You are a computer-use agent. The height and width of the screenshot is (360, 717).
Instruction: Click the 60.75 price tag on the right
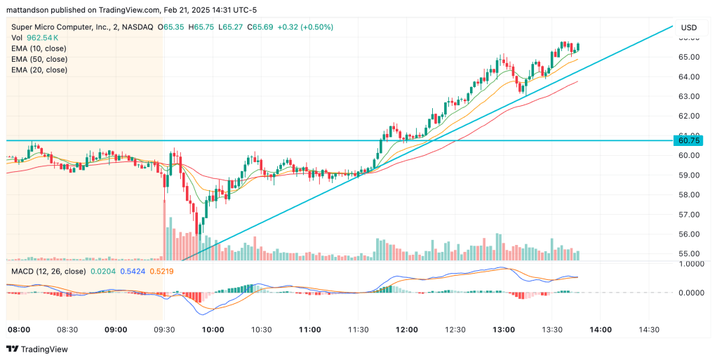[x=689, y=140]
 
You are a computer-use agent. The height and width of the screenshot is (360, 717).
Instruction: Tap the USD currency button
[x=689, y=27]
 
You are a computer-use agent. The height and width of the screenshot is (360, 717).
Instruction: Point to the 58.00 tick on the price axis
[x=689, y=194]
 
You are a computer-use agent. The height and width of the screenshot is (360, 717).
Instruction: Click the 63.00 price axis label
[x=689, y=96]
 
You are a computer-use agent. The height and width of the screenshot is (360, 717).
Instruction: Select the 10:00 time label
[x=213, y=329]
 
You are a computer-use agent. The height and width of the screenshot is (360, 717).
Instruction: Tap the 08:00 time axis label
[x=19, y=329]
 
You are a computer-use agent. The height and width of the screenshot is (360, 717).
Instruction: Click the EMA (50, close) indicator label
[x=39, y=59]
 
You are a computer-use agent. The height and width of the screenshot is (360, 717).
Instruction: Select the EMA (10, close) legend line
[x=39, y=48]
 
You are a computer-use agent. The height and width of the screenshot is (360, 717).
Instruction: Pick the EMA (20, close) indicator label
[x=39, y=69]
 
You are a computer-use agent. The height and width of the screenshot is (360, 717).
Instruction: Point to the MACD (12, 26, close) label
[x=48, y=271]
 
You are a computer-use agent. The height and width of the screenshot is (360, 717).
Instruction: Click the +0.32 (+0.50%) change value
[x=305, y=27]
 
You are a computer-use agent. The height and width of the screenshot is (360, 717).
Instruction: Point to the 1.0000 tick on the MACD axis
[x=692, y=264]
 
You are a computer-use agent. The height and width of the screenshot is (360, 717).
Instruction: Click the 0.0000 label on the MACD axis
[x=692, y=292]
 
